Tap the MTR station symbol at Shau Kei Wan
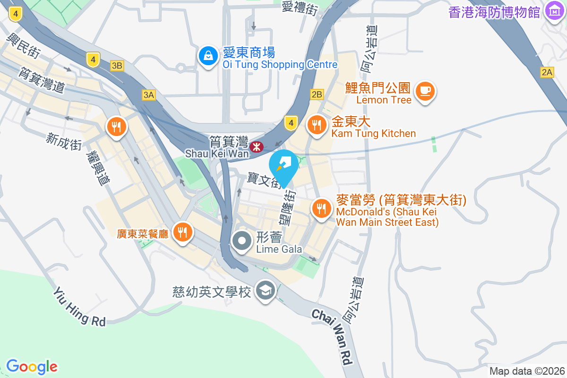coord(256,147)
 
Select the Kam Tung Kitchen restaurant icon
coord(316,125)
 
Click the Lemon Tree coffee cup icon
coord(425,90)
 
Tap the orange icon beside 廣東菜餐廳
coord(182,232)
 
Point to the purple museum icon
coord(553,10)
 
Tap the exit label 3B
coord(117,66)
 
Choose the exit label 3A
coord(148,95)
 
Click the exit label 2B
coord(317,94)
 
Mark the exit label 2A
coord(547,72)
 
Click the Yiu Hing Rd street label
coord(79,307)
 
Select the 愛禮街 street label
coord(300,8)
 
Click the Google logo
coord(32,366)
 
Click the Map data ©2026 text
coord(527,371)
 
